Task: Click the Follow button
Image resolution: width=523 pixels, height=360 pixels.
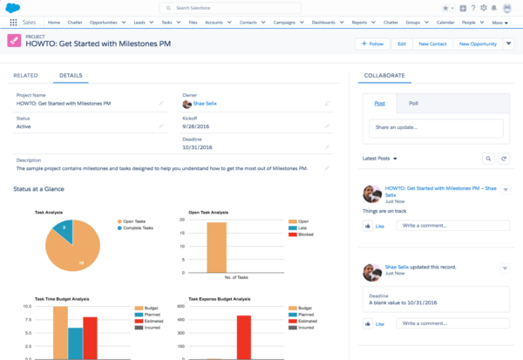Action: [x=372, y=43]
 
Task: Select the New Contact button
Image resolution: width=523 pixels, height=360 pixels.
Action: [x=432, y=43]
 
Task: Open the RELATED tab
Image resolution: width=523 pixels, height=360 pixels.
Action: [x=25, y=76]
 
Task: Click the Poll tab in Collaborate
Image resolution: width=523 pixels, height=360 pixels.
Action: [x=413, y=103]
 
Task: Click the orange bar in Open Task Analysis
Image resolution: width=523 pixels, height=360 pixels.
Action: [x=216, y=248]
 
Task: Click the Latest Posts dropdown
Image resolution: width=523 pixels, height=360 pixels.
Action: [x=381, y=159]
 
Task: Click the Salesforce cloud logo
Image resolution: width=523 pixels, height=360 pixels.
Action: [x=13, y=8]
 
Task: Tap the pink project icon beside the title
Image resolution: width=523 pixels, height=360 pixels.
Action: [x=13, y=41]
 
